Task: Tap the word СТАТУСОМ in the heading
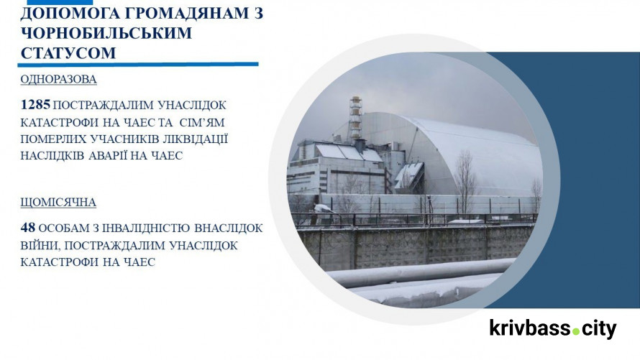click(68, 53)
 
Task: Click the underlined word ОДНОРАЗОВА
click(58, 80)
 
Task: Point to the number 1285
click(35, 105)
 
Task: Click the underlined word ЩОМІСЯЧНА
click(58, 203)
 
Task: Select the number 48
click(28, 229)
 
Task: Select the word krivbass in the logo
click(530, 328)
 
